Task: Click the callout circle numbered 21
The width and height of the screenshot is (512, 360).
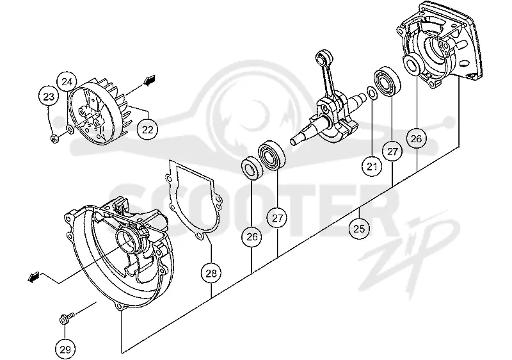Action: tap(372, 167)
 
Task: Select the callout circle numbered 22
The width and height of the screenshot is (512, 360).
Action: tap(148, 129)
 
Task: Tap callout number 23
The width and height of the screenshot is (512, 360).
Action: tap(49, 97)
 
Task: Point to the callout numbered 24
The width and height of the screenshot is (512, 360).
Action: tap(67, 81)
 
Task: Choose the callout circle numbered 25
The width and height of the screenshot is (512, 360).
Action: tap(359, 228)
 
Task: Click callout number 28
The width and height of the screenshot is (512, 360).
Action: tap(211, 273)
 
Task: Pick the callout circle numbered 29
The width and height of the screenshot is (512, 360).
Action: tap(65, 349)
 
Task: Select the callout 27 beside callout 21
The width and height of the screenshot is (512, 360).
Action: tap(392, 152)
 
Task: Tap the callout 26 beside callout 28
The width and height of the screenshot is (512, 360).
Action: tap(252, 237)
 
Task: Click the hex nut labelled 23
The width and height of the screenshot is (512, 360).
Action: tap(54, 139)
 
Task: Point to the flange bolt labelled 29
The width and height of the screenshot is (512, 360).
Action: tap(67, 318)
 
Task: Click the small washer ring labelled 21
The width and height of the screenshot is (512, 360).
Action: tap(372, 92)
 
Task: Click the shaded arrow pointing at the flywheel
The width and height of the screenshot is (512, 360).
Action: tap(150, 80)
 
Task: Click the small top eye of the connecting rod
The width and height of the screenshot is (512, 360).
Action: tap(322, 57)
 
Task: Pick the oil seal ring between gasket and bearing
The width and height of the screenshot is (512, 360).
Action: tap(252, 168)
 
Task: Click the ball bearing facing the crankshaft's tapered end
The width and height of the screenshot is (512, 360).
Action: tap(271, 156)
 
